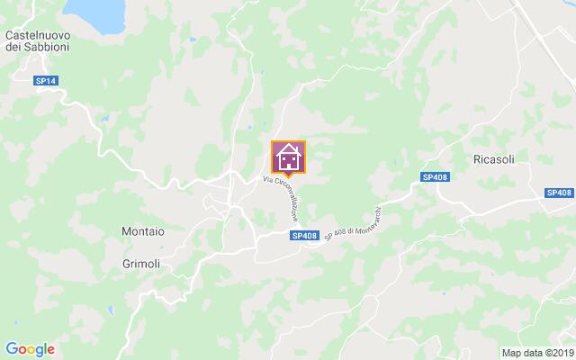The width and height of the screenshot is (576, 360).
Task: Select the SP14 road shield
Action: click(x=46, y=81)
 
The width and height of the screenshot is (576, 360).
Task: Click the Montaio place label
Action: click(x=142, y=231)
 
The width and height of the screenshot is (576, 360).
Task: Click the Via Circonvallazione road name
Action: click(x=281, y=195)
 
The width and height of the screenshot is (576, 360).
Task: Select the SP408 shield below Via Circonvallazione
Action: click(x=304, y=236)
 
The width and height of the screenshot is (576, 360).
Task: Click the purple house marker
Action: click(x=289, y=157)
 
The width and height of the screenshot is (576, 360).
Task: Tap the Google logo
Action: click(x=30, y=349)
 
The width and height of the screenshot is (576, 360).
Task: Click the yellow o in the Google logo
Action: click(x=31, y=349)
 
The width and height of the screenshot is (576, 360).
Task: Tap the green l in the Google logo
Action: click(x=46, y=348)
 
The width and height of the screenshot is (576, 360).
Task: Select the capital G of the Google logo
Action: click(x=11, y=348)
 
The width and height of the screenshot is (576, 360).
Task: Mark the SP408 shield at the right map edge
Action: click(x=559, y=193)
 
